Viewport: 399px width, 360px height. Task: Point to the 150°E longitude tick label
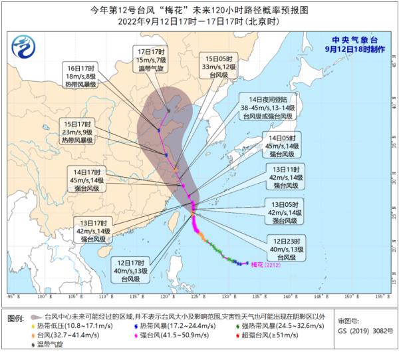click(348, 294)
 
